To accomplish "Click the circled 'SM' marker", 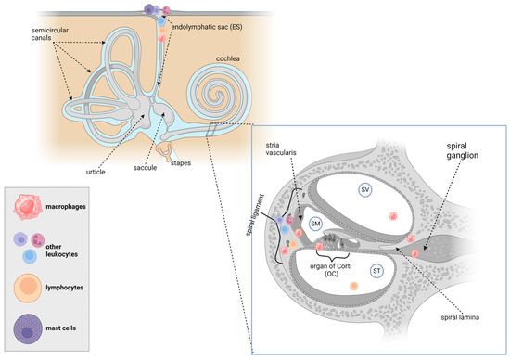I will (x=315, y=224).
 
